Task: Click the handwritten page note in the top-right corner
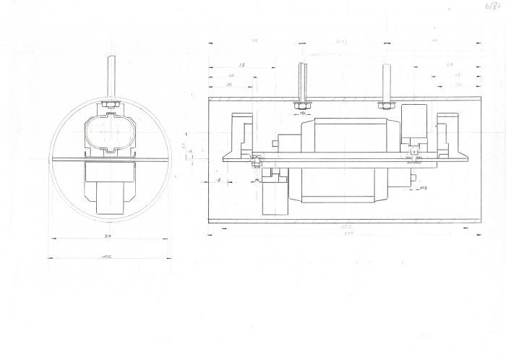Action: click(x=494, y=7)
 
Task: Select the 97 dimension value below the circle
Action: click(x=108, y=236)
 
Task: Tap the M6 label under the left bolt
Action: click(x=304, y=114)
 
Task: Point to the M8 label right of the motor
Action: click(x=424, y=188)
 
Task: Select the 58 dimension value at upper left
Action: click(x=242, y=66)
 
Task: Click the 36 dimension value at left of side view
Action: click(x=229, y=85)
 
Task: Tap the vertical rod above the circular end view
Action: click(x=111, y=76)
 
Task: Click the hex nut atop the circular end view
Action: click(x=111, y=106)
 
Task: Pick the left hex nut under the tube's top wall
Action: click(x=302, y=106)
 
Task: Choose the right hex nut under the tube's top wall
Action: click(x=386, y=106)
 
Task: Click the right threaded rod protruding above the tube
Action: click(x=387, y=81)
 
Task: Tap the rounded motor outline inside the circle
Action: click(x=110, y=133)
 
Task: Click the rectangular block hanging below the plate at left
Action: click(x=275, y=196)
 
